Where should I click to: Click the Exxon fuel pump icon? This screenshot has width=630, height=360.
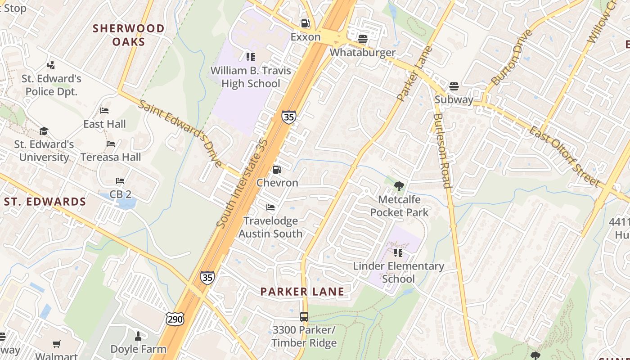point(305,23)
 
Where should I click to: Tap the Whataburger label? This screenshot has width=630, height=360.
point(363,52)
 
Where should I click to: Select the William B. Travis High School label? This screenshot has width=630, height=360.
point(251,77)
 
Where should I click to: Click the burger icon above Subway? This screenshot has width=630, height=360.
point(454,86)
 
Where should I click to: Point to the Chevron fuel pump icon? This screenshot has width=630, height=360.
point(277,170)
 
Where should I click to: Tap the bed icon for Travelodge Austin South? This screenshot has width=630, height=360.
point(270,207)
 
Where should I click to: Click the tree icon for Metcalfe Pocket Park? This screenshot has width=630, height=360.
point(399,186)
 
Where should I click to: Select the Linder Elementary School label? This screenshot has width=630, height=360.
point(398,272)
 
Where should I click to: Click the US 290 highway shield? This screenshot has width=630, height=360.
point(174,319)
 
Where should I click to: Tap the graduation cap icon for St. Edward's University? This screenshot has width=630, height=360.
point(44,131)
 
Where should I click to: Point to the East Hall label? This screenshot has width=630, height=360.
point(104,124)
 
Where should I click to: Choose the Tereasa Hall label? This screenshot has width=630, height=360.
point(111,157)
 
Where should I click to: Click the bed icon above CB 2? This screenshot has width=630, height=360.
point(120,181)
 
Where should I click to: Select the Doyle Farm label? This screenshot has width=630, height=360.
point(138,349)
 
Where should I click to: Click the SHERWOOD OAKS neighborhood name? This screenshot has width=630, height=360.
point(129,35)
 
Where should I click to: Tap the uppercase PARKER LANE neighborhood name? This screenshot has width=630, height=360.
point(302,292)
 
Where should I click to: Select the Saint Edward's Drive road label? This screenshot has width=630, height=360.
point(180,134)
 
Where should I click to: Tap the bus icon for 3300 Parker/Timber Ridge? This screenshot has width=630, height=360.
point(304,316)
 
